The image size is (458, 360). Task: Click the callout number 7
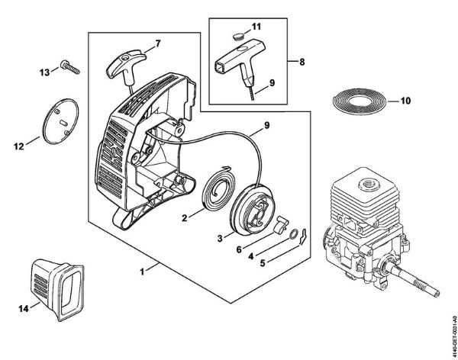point(158,42)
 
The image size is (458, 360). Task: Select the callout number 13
point(44,72)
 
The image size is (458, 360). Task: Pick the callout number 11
point(257,26)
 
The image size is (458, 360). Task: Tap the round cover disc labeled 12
point(58,120)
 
